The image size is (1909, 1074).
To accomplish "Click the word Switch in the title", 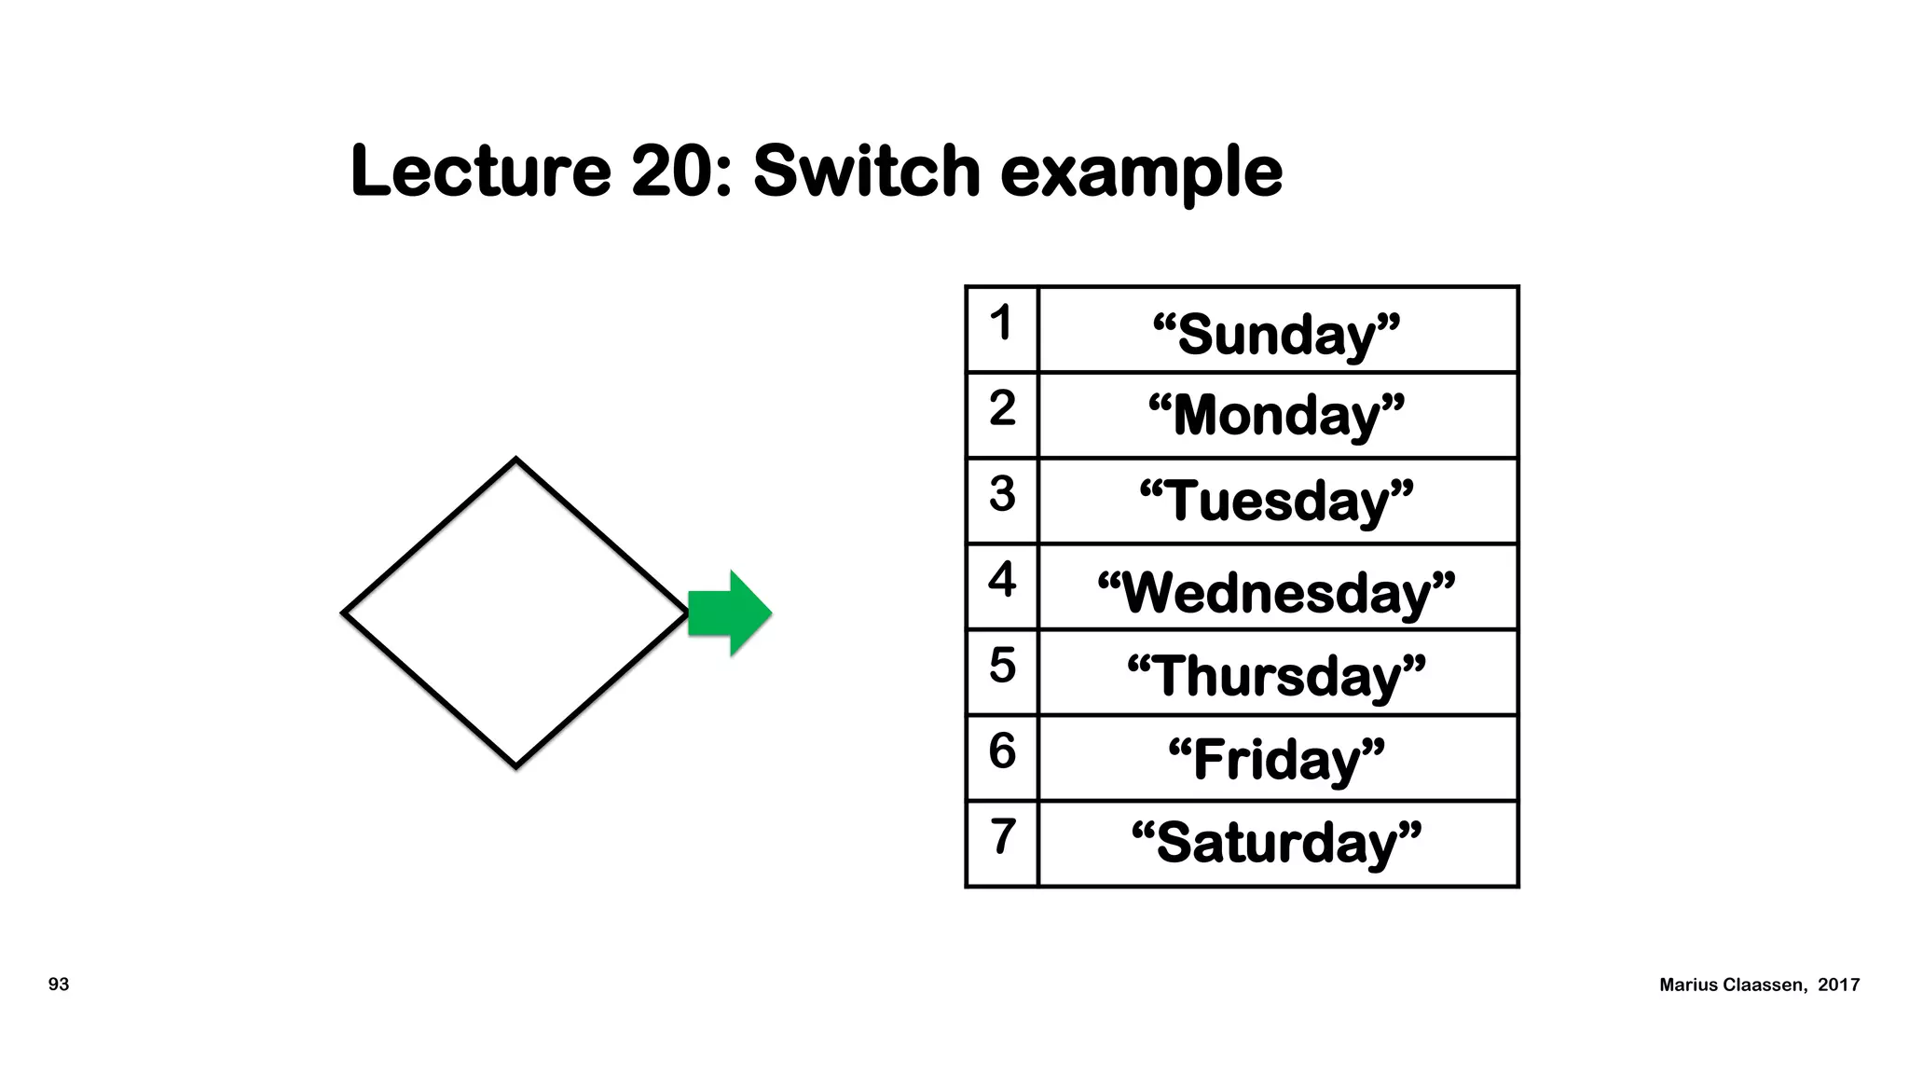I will pos(866,172).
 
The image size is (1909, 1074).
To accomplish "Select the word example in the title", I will pos(1141,173).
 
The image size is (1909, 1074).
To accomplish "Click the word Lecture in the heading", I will pos(480,172).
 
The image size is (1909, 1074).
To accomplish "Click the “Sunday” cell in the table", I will pos(1276,333).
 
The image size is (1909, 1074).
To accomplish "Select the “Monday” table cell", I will pos(1276,415).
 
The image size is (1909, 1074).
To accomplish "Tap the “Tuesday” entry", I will pos(1276,501).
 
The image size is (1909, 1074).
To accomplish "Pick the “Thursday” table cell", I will pos(1276,675).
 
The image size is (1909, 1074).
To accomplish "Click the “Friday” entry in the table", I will pos(1276,759).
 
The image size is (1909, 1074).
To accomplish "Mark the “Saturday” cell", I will pos(1276,842).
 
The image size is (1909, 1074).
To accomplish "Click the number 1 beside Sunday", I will pos(1001,323).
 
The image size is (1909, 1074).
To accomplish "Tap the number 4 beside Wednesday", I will pos(1001,579).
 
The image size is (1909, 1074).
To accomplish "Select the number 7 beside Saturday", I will pos(1001,835).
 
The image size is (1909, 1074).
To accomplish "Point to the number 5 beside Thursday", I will pos(1001,665).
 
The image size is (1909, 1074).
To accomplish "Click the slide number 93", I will pos(59,984).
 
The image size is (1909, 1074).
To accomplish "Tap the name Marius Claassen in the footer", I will pos(1732,985).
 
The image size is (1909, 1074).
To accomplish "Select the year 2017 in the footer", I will pos(1838,985).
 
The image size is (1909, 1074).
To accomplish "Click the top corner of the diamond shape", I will pos(515,460).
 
